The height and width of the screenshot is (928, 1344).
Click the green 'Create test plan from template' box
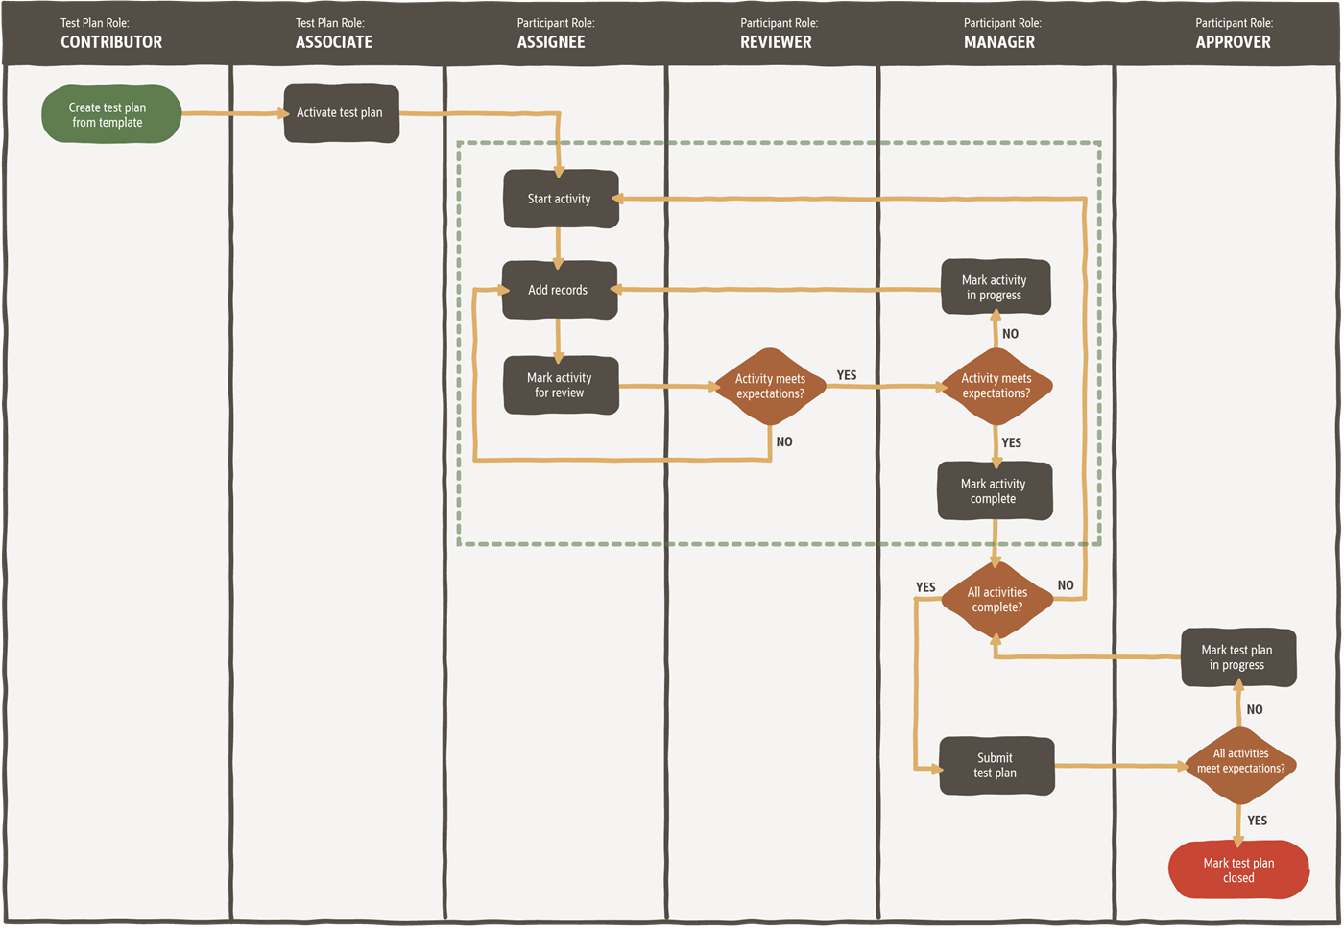pos(110,115)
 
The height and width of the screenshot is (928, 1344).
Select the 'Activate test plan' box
pos(341,113)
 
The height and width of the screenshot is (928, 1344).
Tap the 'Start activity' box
pos(561,199)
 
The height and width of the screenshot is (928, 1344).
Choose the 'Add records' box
pos(559,290)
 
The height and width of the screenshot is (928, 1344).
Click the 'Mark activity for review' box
pos(561,386)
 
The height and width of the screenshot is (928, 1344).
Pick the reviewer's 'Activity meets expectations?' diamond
pos(770,387)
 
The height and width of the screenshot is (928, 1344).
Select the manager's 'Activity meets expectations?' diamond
pos(996,387)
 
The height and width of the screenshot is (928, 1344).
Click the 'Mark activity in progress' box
pos(996,288)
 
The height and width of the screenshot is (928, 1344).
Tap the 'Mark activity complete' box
pos(995,491)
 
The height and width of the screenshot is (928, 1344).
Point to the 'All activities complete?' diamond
pos(997,600)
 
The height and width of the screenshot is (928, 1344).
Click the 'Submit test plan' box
pos(996,766)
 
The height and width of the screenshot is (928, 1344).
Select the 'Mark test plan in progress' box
pos(1238,658)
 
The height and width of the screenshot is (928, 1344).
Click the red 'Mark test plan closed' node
pos(1238,870)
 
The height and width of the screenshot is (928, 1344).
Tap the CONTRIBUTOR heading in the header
pos(111,42)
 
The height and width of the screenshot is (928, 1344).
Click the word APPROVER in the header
pos(1233,42)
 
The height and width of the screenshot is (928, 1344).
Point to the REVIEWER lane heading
pos(776,42)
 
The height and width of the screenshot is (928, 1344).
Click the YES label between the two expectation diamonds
pos(847,375)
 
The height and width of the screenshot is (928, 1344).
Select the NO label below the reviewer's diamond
pos(784,442)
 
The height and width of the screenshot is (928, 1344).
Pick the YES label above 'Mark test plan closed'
pos(1258,821)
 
